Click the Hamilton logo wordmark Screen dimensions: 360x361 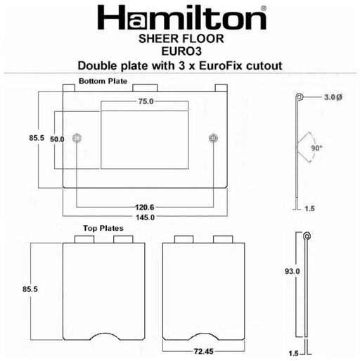(x=181, y=18)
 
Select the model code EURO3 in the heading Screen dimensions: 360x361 (x=181, y=51)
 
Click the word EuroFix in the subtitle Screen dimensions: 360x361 (x=220, y=65)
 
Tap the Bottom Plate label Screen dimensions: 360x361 (x=103, y=81)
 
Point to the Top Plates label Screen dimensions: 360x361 (x=103, y=228)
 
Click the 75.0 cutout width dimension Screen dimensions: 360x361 (x=146, y=101)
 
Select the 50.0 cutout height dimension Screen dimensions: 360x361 (x=57, y=139)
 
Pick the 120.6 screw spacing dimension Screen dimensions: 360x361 (x=145, y=207)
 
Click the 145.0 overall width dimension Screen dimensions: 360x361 (x=145, y=217)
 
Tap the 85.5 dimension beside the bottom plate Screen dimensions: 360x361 (x=37, y=138)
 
